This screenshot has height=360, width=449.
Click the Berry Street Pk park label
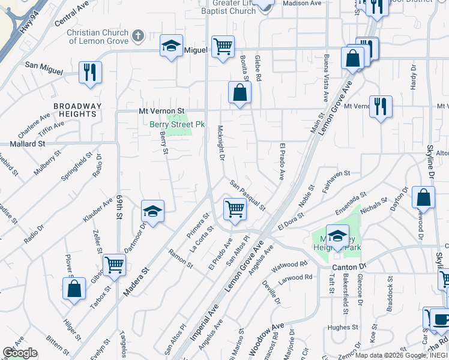pyautogui.click(x=177, y=124)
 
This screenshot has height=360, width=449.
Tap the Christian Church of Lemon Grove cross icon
pyautogui.click(x=137, y=36)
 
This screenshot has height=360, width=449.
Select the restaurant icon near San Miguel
pyautogui.click(x=90, y=73)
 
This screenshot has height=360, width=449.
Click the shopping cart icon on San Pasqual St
pyautogui.click(x=234, y=209)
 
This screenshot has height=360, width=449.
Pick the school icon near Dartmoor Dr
pyautogui.click(x=152, y=211)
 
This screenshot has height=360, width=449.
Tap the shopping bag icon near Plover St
pyautogui.click(x=74, y=288)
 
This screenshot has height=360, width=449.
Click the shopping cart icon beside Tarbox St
pyautogui.click(x=114, y=265)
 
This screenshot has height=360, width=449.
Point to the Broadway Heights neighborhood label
pyautogui.click(x=77, y=110)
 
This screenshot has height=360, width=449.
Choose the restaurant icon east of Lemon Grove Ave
pyautogui.click(x=381, y=107)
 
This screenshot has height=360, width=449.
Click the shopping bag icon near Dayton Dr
pyautogui.click(x=423, y=197)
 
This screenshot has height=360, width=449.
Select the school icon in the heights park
pyautogui.click(x=337, y=235)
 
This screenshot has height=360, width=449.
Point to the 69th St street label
pyautogui.click(x=119, y=206)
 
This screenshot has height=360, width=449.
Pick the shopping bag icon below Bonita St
pyautogui.click(x=240, y=93)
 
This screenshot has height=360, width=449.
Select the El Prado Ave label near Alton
pyautogui.click(x=281, y=161)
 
